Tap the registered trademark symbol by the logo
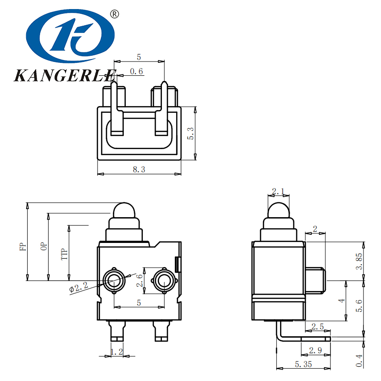tap(114, 14)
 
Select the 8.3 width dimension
tap(139, 169)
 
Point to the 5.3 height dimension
tap(191, 133)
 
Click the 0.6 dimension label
tap(136, 71)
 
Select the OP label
tap(43, 246)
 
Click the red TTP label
tap(64, 255)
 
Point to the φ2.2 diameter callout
tap(79, 288)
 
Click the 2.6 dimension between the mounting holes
tap(139, 280)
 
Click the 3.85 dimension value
tap(360, 261)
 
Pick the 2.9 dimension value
tap(315, 351)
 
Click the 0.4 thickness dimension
tap(360, 360)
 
